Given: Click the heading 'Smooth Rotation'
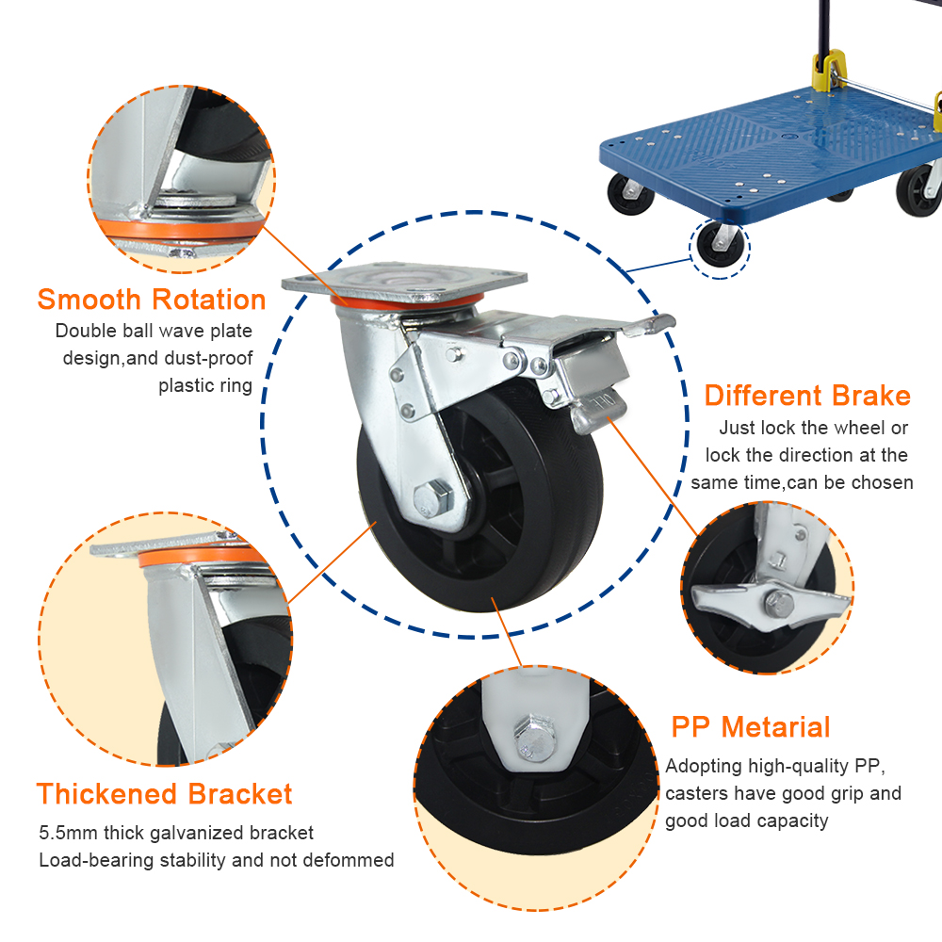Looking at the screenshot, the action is point(152,300).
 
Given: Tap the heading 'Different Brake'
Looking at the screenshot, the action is point(807,396).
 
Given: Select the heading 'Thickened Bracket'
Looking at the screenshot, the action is point(165,794).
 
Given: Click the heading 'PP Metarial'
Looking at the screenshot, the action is point(751,727).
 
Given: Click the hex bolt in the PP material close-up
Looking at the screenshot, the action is point(533,738).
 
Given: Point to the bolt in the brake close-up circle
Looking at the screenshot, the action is point(780,603).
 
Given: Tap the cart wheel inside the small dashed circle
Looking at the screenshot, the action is point(719,244).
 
